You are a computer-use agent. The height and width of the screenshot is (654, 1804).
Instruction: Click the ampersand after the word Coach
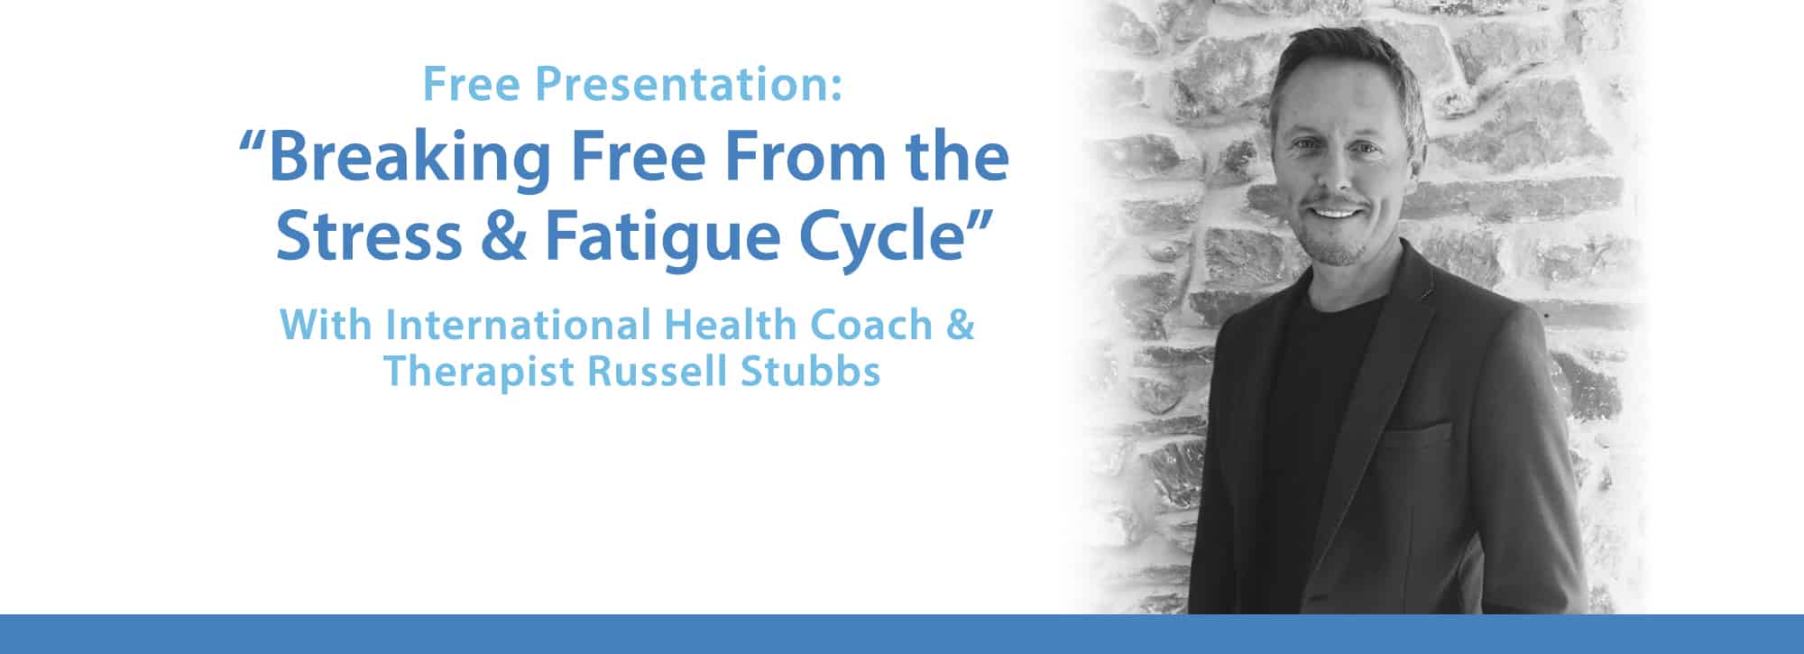[960, 325]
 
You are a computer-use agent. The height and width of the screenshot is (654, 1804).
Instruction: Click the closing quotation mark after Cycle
[979, 221]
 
